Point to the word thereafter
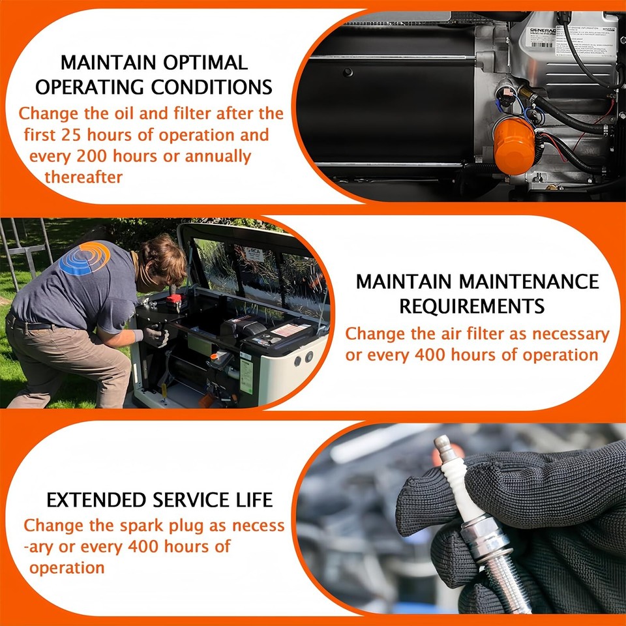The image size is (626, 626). point(83,177)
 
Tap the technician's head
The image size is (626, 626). point(164,258)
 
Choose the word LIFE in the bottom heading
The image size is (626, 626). point(254,501)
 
